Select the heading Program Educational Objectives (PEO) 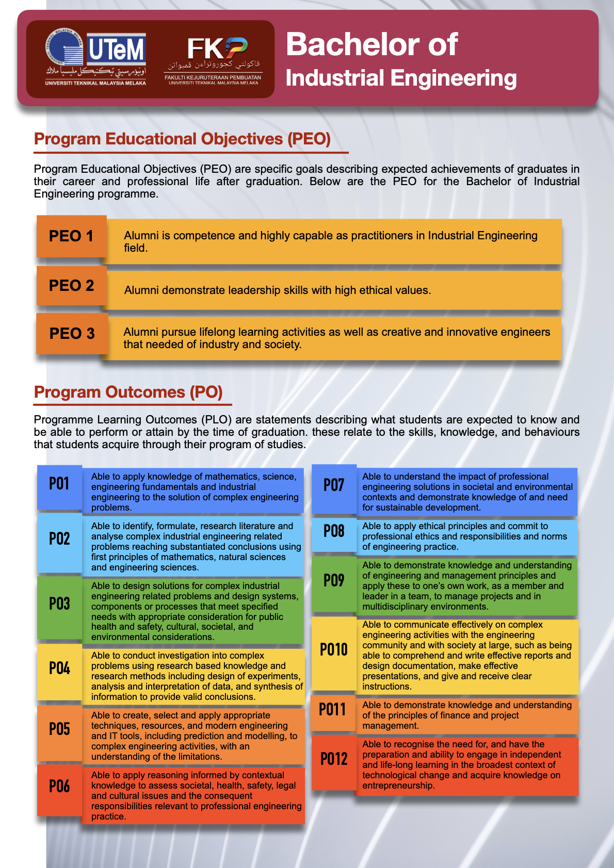(x=182, y=139)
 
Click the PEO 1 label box (x=71, y=236)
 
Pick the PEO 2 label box (x=71, y=285)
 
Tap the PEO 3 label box (x=72, y=334)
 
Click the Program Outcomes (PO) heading (x=128, y=392)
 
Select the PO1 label (x=59, y=484)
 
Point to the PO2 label (x=59, y=539)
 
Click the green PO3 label (x=59, y=604)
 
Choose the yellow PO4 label (x=59, y=669)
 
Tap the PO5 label (x=59, y=729)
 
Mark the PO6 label (x=59, y=787)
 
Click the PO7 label (x=334, y=485)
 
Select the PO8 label (x=334, y=531)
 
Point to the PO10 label (x=334, y=650)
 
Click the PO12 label (x=334, y=759)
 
